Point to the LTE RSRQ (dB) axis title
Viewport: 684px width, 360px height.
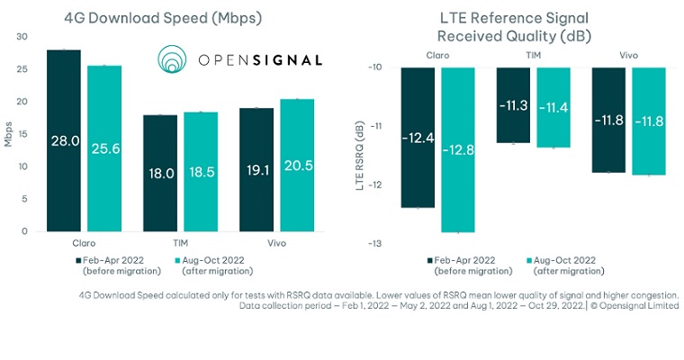pyautogui.click(x=360, y=156)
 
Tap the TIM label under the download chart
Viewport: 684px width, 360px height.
pyautogui.click(x=181, y=243)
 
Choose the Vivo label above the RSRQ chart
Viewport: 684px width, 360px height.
pyautogui.click(x=629, y=56)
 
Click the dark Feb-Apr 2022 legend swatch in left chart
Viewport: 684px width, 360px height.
pyautogui.click(x=77, y=259)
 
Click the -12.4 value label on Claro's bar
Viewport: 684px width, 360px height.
pyautogui.click(x=418, y=138)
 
